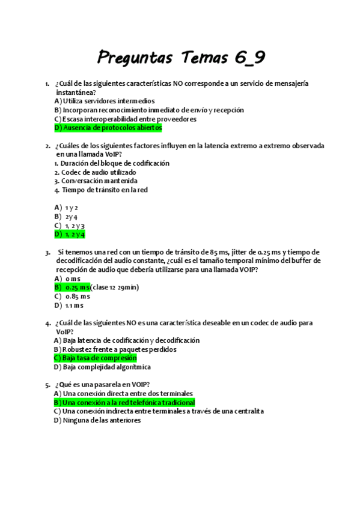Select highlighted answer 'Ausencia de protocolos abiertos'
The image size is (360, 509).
pyautogui.click(x=108, y=128)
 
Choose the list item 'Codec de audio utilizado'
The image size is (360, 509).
pyautogui.click(x=98, y=172)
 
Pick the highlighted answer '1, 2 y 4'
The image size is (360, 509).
pyautogui.click(x=70, y=234)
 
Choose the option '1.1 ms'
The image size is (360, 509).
pyautogui.click(x=74, y=305)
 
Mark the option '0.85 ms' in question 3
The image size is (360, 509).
pyautogui.click(x=77, y=296)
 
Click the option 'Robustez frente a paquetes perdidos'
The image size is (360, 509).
pyautogui.click(x=115, y=349)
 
